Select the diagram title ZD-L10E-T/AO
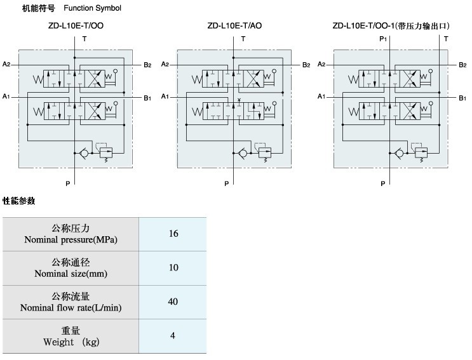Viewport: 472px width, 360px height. pyautogui.click(x=234, y=26)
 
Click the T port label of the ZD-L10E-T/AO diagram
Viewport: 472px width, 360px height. pyautogui.click(x=243, y=39)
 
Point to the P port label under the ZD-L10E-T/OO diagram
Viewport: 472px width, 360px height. pyautogui.click(x=68, y=183)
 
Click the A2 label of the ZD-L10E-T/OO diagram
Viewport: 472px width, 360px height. pyautogui.click(x=6, y=64)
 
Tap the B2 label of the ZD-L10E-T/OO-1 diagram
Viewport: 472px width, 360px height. pyautogui.click(x=463, y=64)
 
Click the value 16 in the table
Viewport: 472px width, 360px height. pyautogui.click(x=173, y=234)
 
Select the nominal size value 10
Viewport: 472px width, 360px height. pyautogui.click(x=173, y=267)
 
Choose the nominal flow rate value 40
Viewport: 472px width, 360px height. pyautogui.click(x=173, y=301)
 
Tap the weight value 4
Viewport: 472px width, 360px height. pyautogui.click(x=173, y=335)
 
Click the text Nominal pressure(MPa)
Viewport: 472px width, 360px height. pyautogui.click(x=71, y=240)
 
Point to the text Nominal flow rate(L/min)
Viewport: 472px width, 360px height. pyautogui.click(x=71, y=308)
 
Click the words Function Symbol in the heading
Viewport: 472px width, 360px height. pyautogui.click(x=92, y=8)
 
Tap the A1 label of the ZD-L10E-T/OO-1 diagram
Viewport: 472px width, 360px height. pyautogui.click(x=322, y=97)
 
